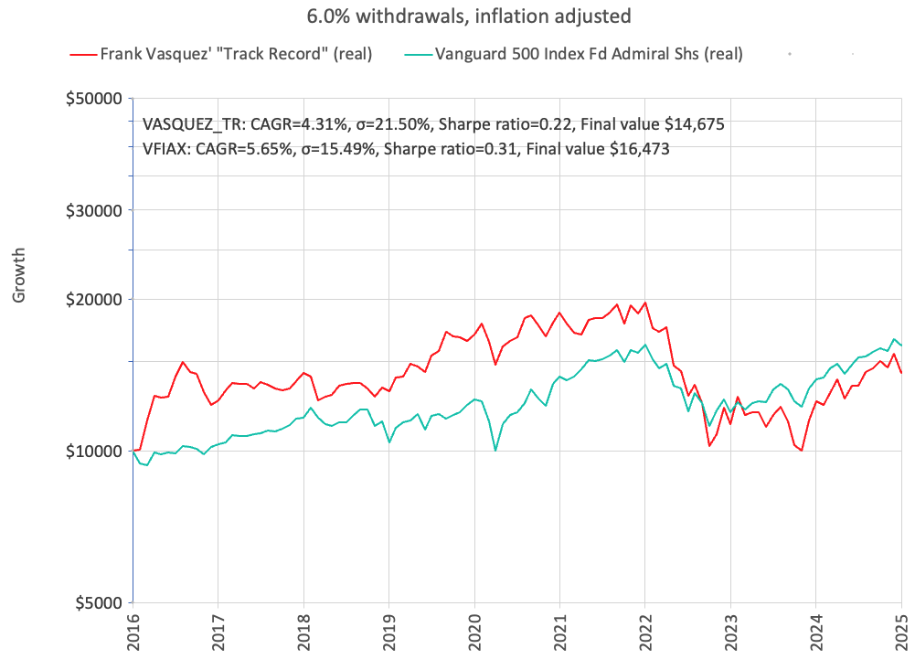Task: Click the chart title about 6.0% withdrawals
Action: tap(457, 16)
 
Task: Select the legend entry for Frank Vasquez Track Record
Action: tap(222, 54)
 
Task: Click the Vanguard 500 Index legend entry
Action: tap(573, 54)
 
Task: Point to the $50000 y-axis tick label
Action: tap(95, 99)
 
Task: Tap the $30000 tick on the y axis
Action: tap(95, 210)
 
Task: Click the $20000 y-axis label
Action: tap(95, 300)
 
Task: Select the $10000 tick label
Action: tap(95, 452)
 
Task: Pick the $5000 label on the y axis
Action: tap(99, 603)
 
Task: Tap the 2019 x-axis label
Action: tap(388, 631)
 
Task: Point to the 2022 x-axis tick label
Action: tap(644, 631)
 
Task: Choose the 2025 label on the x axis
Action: tap(901, 631)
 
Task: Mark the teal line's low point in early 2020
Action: tap(495, 450)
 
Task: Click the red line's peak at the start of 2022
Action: tap(645, 303)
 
